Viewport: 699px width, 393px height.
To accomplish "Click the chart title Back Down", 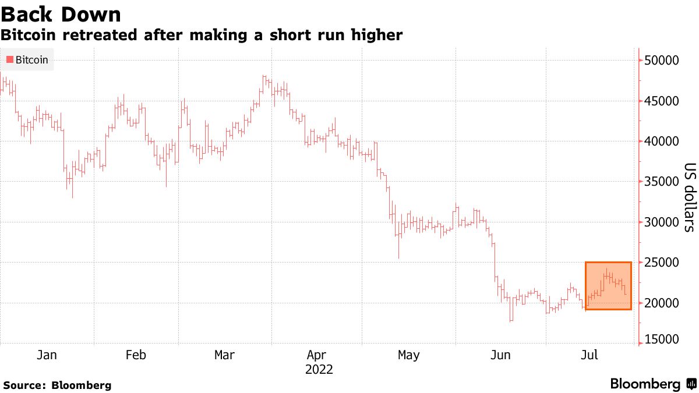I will coord(61,14).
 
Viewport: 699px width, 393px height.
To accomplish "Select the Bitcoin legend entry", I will coord(27,59).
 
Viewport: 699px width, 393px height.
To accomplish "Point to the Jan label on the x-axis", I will coord(47,355).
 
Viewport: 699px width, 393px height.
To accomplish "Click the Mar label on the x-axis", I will coord(225,355).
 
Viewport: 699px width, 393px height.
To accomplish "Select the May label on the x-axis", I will coord(408,355).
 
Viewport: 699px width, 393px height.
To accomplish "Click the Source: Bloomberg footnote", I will coord(57,385).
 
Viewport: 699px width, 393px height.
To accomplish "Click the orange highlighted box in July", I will coord(608,286).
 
